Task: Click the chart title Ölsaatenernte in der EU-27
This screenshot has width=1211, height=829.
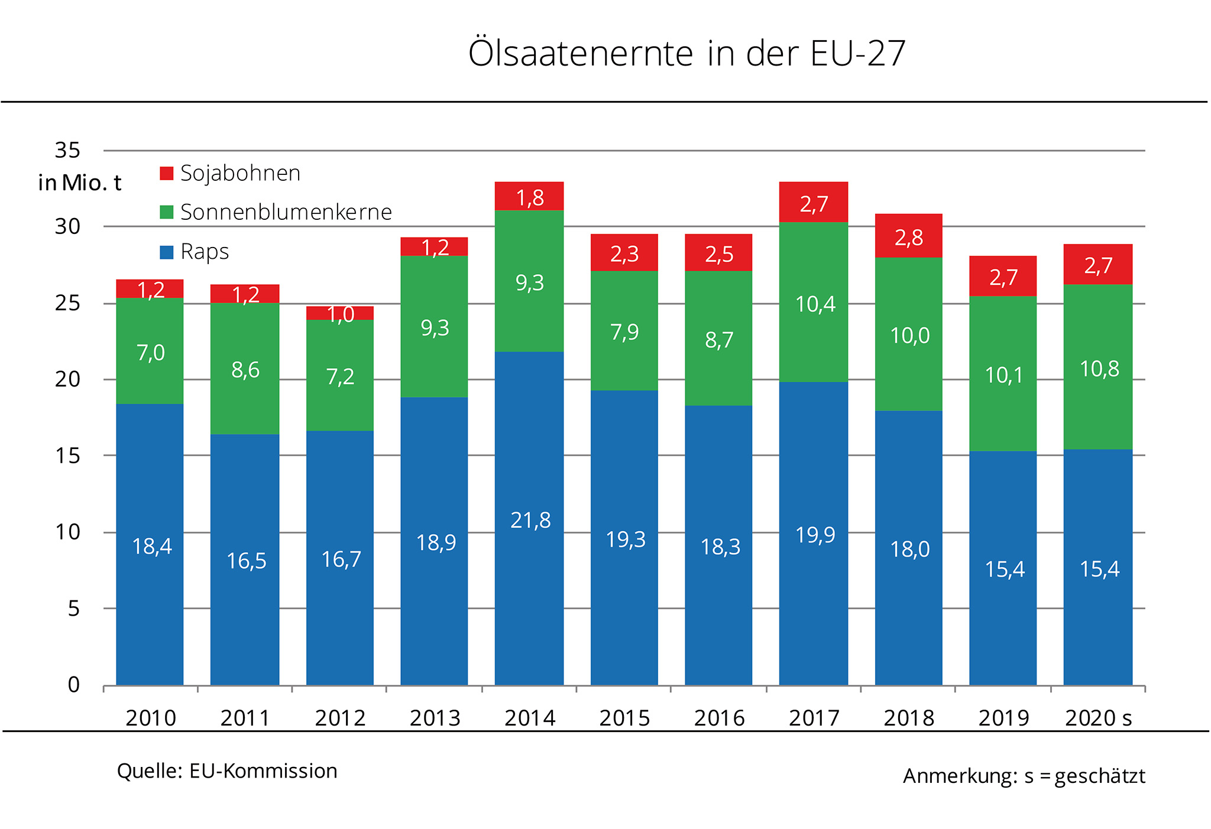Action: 687,53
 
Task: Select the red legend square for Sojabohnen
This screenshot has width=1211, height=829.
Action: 167,173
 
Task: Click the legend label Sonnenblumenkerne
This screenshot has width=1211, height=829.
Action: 286,212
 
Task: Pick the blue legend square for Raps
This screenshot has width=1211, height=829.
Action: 167,252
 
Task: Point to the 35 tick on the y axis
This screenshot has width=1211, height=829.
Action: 67,151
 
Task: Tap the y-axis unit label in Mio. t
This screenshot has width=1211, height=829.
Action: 80,183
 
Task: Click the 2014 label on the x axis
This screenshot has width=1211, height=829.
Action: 530,718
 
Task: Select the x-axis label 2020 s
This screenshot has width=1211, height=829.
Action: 1098,718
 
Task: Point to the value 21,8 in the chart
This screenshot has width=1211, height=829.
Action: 530,521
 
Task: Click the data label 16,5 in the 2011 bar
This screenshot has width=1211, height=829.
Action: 247,561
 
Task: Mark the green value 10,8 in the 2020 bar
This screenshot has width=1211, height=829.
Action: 1099,369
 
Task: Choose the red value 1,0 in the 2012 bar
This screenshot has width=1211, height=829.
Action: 341,314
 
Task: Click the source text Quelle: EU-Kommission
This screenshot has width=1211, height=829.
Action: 227,771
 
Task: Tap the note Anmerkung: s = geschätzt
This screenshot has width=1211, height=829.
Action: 1024,776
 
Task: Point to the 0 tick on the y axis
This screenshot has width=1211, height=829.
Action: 74,685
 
